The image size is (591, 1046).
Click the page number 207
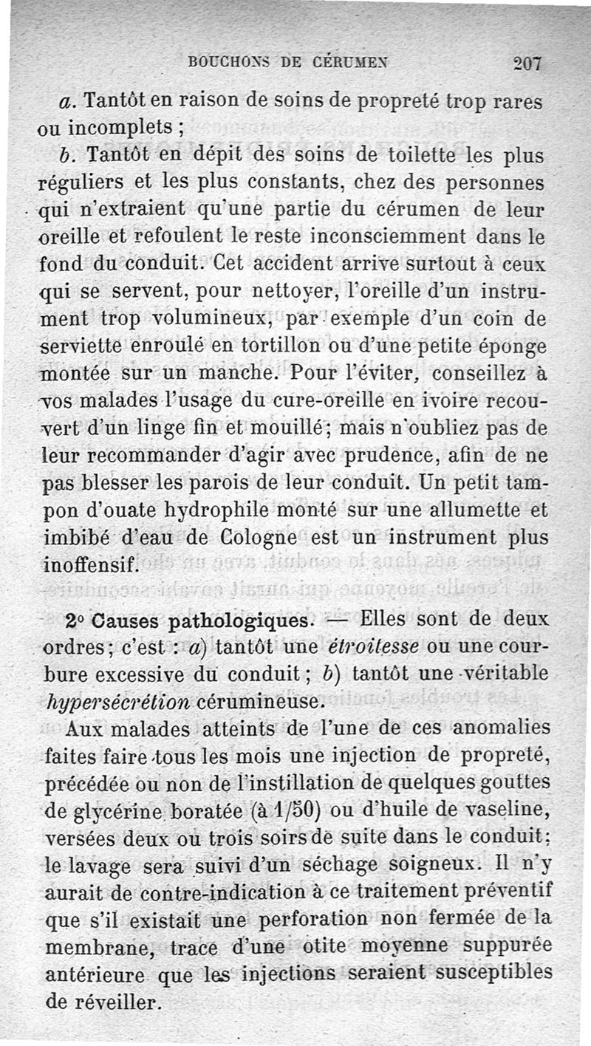tap(527, 63)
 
